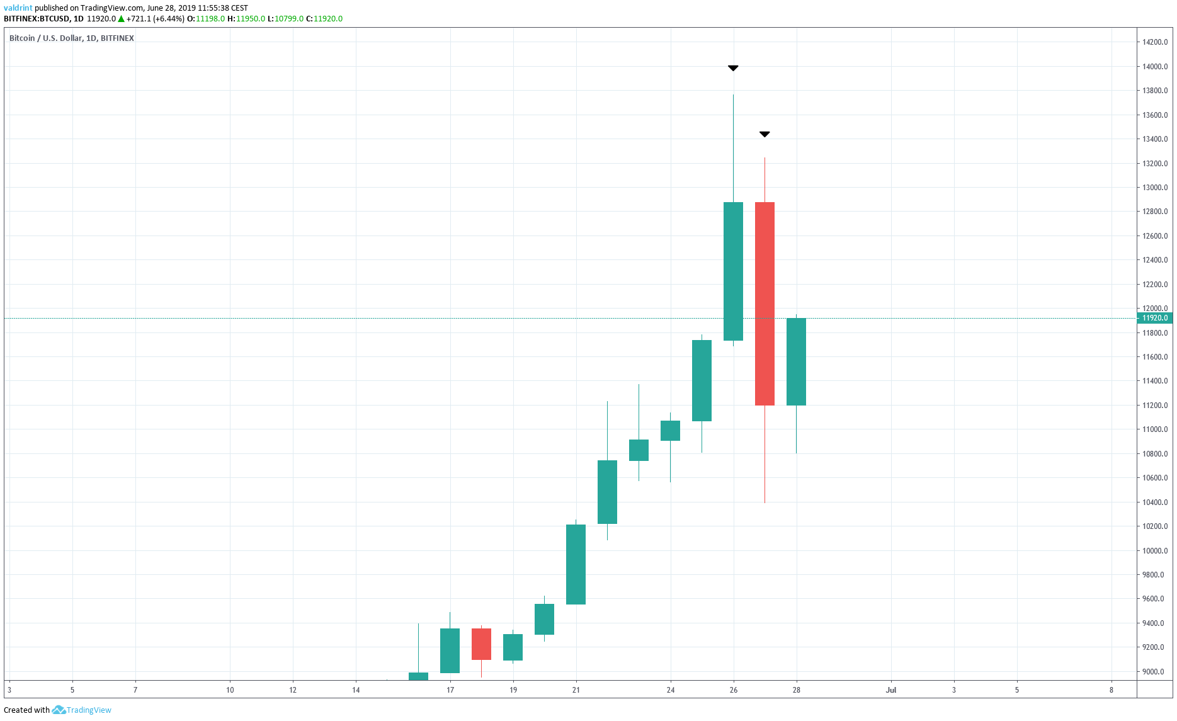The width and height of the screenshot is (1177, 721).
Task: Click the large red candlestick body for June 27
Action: click(765, 304)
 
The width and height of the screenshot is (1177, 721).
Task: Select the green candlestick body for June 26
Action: click(733, 271)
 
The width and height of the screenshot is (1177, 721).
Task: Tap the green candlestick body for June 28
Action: click(796, 361)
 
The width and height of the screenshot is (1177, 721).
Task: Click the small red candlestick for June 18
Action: click(481, 644)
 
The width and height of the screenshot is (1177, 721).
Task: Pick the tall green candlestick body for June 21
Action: click(576, 564)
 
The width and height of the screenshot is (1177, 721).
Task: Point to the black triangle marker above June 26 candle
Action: click(733, 68)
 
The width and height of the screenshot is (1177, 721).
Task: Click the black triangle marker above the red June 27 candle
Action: click(765, 134)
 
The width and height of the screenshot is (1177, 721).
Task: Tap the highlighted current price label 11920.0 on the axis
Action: click(1154, 318)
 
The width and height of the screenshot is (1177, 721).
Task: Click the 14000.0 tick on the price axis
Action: click(1154, 67)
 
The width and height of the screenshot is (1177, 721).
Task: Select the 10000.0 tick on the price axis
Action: click(1154, 551)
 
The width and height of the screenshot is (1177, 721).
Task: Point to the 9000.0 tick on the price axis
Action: click(1154, 672)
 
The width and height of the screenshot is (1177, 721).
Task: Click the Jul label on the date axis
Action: click(890, 690)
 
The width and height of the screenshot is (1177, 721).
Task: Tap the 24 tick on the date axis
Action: click(670, 690)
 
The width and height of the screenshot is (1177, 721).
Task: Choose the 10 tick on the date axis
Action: click(230, 690)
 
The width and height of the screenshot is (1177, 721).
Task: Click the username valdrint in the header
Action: click(18, 8)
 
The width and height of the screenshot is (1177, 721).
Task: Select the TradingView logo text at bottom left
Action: click(88, 710)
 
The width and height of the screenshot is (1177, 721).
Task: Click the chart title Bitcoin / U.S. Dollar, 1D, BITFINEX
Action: click(71, 38)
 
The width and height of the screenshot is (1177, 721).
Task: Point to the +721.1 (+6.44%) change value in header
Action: click(155, 19)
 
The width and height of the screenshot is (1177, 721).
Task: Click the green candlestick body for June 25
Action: click(702, 380)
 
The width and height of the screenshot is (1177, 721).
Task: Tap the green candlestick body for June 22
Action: click(607, 492)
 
